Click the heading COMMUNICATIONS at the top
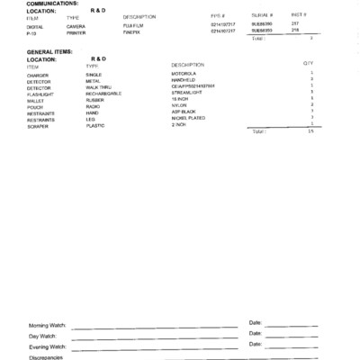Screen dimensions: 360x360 [52, 4]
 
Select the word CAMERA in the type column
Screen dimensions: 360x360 [76, 26]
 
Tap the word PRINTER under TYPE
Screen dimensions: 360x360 [76, 31]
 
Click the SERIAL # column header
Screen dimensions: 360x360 [262, 16]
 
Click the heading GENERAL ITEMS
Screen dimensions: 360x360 [49, 52]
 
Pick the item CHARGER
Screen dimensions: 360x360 [38, 75]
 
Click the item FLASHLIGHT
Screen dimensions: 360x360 [40, 94]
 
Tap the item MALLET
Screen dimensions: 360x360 [36, 100]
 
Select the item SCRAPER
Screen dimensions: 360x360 [38, 125]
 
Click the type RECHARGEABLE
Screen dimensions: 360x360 [104, 94]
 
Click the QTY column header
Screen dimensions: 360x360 [308, 64]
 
